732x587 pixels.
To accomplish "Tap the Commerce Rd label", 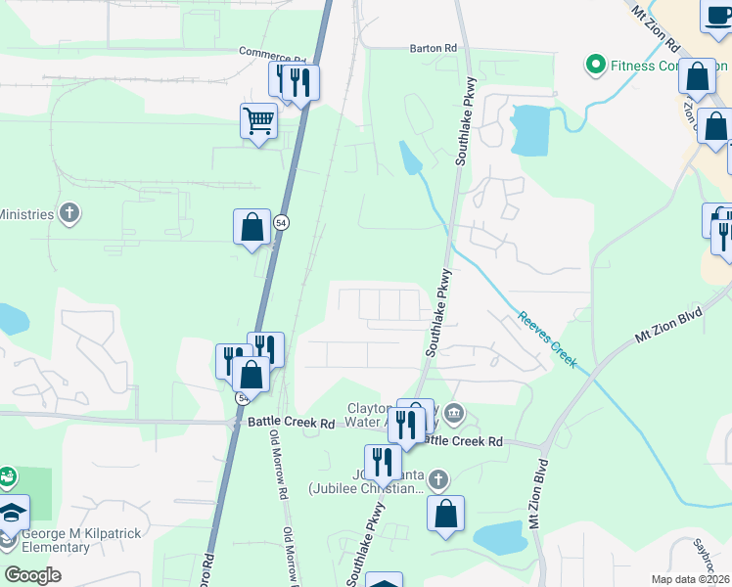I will (272, 52).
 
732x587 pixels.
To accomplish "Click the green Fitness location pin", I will (594, 66).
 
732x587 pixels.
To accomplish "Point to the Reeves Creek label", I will (548, 339).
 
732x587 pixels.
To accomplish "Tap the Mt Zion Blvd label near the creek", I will (671, 322).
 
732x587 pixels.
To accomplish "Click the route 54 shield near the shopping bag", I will (281, 222).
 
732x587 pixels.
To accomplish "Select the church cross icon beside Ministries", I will (69, 212).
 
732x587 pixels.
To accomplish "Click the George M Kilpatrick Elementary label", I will (83, 540).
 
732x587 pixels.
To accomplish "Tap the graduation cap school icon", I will (12, 513).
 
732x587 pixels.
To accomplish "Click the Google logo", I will (33, 574).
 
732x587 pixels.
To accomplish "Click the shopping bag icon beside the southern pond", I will (445, 514).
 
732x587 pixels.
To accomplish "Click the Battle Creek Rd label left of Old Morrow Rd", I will (291, 423).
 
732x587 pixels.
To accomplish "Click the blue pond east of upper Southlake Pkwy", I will (529, 129).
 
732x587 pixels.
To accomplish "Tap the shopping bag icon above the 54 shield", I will (252, 228).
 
